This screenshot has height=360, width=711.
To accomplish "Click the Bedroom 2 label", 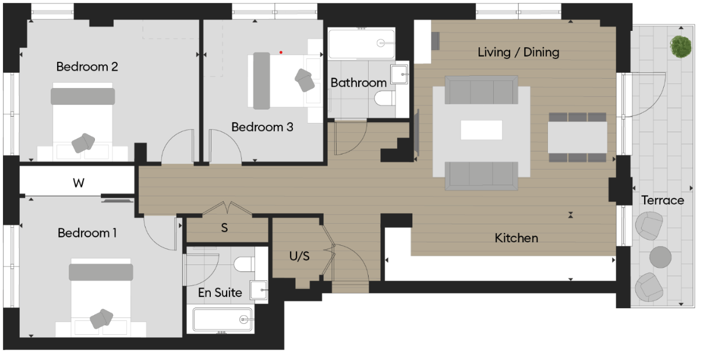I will coord(87,67).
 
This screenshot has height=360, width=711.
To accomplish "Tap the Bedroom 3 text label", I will coord(262,127).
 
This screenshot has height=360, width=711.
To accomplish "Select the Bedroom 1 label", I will coord(87,233).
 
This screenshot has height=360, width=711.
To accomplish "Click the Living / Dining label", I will coord(518,52).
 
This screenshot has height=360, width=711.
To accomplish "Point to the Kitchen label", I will coord(516,238).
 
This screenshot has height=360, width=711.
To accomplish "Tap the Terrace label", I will coord(663,200).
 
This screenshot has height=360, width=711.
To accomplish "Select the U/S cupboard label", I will coord(299,256).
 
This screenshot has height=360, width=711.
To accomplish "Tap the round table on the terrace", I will coord(660,257).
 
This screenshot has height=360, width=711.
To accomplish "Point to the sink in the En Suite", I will coord(258,289).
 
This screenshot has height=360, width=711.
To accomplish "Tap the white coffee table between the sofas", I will coord(481,130).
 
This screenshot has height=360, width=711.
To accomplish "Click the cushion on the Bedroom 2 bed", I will coord(83,142).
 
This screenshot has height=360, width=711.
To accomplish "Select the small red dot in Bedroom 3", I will coord(281,52).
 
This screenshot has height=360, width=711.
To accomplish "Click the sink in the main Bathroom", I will coord(399,75).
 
